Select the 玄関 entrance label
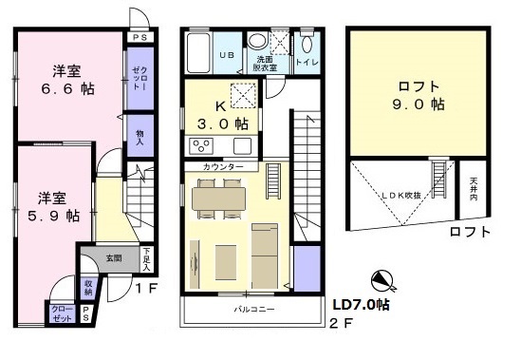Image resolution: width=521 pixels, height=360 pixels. tap(113, 257)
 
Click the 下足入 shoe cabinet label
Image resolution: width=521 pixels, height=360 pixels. tap(146, 258)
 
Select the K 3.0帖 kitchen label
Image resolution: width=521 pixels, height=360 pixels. tap(224, 115)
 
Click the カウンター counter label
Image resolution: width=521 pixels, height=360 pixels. tap(222, 168)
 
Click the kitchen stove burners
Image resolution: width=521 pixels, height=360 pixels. tap(202, 145)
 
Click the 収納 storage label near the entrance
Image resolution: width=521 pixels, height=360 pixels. tap(88, 286)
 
